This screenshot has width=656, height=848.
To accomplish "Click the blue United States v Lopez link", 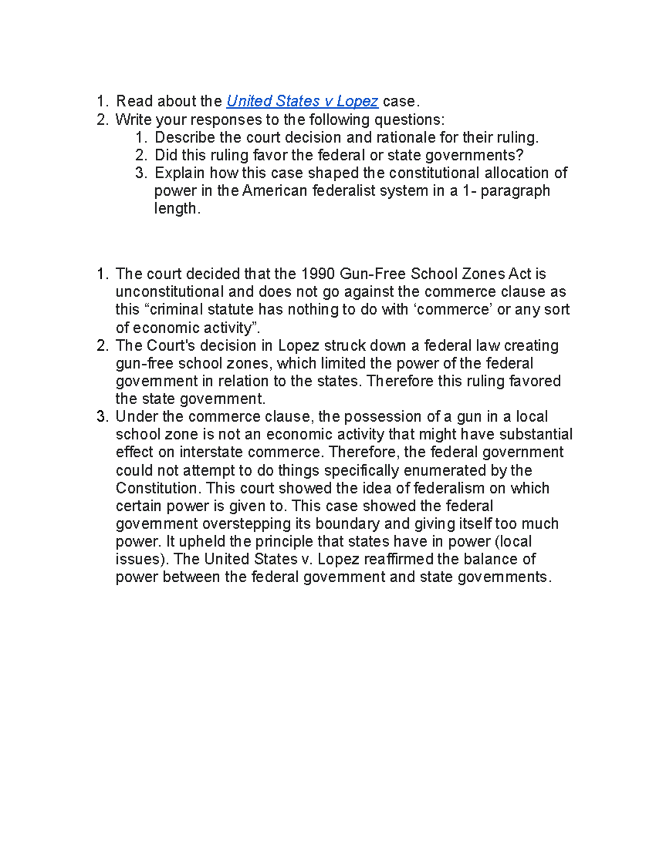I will point(302,102).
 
